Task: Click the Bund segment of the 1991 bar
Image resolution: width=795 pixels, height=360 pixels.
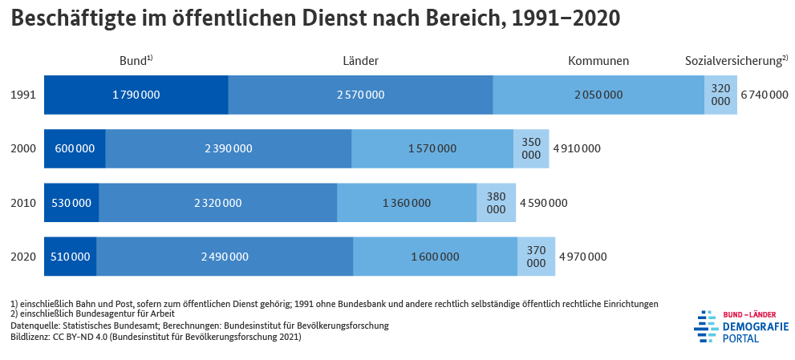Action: (136, 95)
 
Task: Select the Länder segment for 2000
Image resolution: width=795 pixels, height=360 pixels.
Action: (228, 148)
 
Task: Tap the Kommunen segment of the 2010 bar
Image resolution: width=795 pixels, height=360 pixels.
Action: (406, 203)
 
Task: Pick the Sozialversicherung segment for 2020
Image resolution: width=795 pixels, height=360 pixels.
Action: (536, 257)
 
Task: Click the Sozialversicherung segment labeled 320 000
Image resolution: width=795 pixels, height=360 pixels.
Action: (720, 95)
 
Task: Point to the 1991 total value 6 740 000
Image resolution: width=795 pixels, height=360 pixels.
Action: (764, 95)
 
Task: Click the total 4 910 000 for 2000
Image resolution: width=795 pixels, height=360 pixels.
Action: (576, 148)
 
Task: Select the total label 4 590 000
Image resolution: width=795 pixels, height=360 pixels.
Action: (543, 203)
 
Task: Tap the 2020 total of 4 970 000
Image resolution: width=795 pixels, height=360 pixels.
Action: (582, 257)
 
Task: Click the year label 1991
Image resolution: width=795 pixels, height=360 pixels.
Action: (23, 95)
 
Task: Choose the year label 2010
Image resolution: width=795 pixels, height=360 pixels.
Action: (23, 203)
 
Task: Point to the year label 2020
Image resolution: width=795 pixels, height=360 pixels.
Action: (23, 257)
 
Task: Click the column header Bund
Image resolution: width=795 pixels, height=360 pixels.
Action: (134, 61)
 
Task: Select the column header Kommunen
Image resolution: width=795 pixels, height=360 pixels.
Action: (598, 61)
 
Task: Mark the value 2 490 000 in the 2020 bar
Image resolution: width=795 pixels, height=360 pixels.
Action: (225, 257)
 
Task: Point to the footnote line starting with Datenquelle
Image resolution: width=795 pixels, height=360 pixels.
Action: (200, 326)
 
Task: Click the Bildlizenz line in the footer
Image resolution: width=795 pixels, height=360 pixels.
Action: (156, 337)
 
